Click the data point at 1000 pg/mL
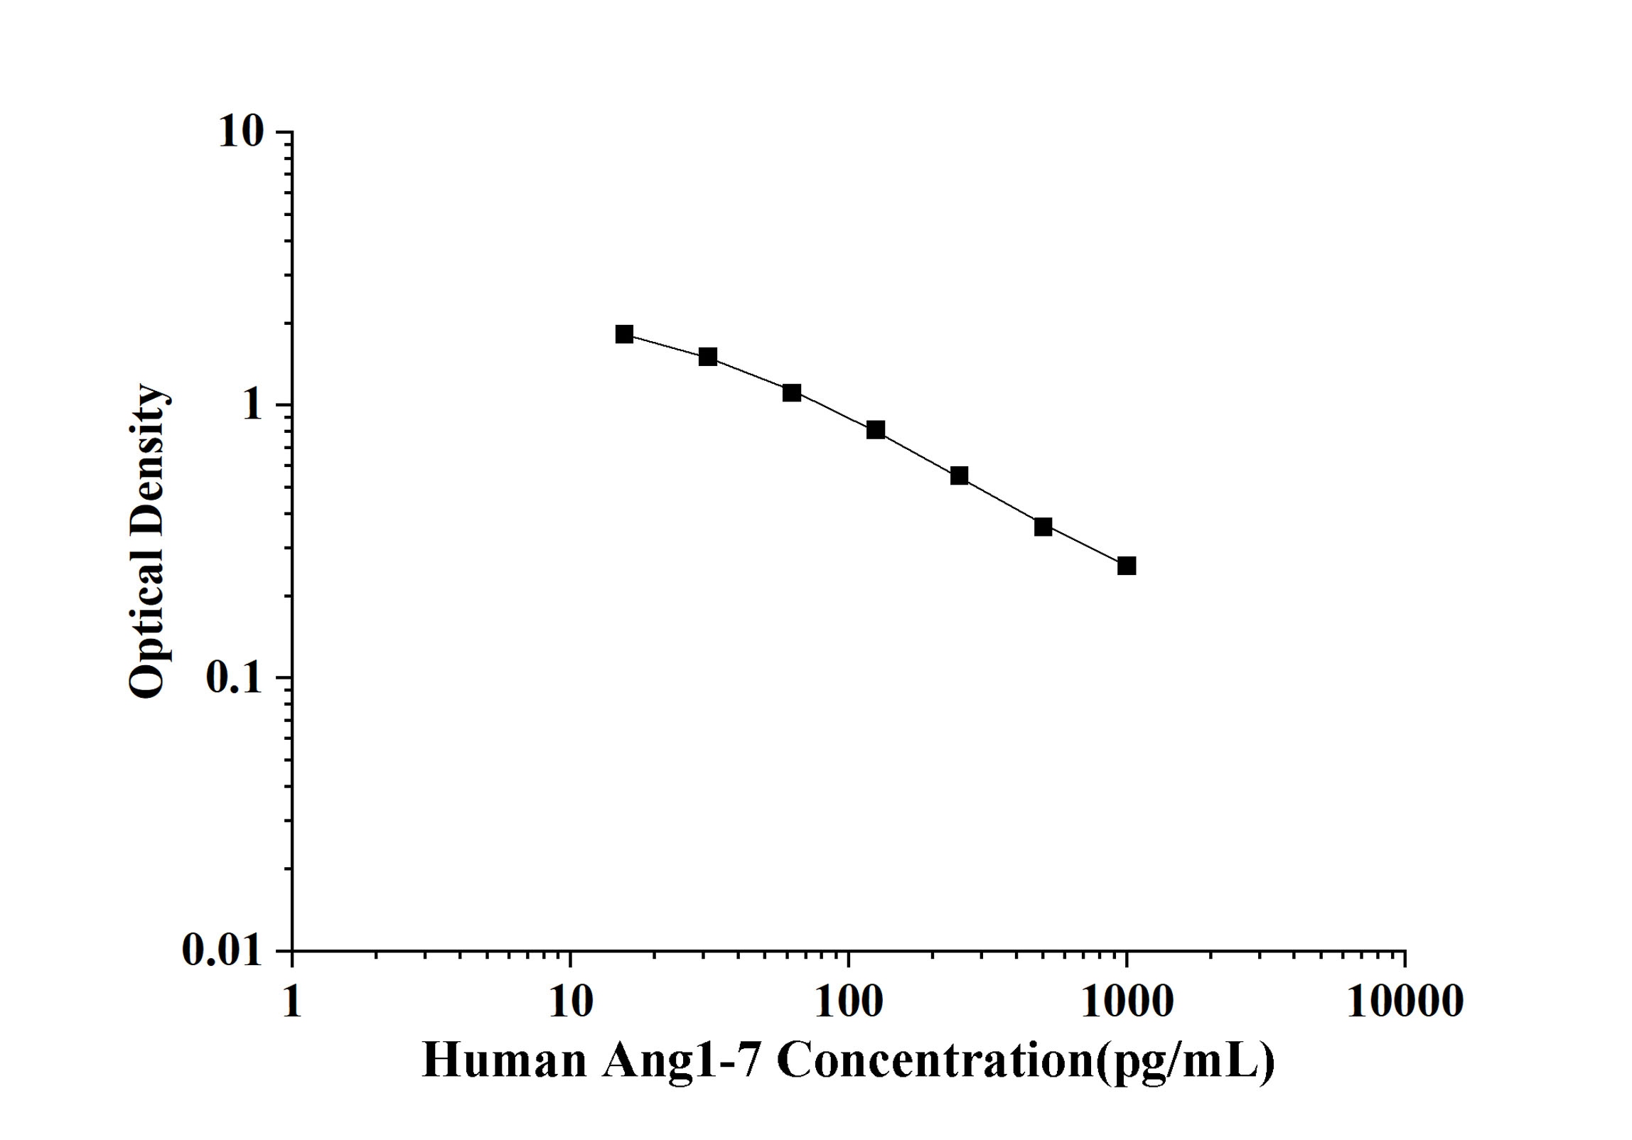pos(1126,566)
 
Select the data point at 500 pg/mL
pos(1043,527)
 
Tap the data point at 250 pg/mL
pos(959,475)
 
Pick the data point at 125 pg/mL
pos(876,429)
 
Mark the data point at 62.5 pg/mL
pos(792,392)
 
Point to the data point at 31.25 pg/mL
pos(708,356)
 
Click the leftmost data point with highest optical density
pos(624,334)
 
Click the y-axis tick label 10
pos(240,131)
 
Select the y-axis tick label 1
pos(252,405)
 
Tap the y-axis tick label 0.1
pos(234,678)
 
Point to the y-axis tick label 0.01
pos(222,950)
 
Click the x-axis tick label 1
pos(291,1001)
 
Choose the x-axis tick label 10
pos(570,1001)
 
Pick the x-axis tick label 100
pos(848,1001)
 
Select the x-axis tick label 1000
pos(1127,1001)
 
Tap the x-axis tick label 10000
pos(1405,1001)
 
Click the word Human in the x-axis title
pos(504,1060)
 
